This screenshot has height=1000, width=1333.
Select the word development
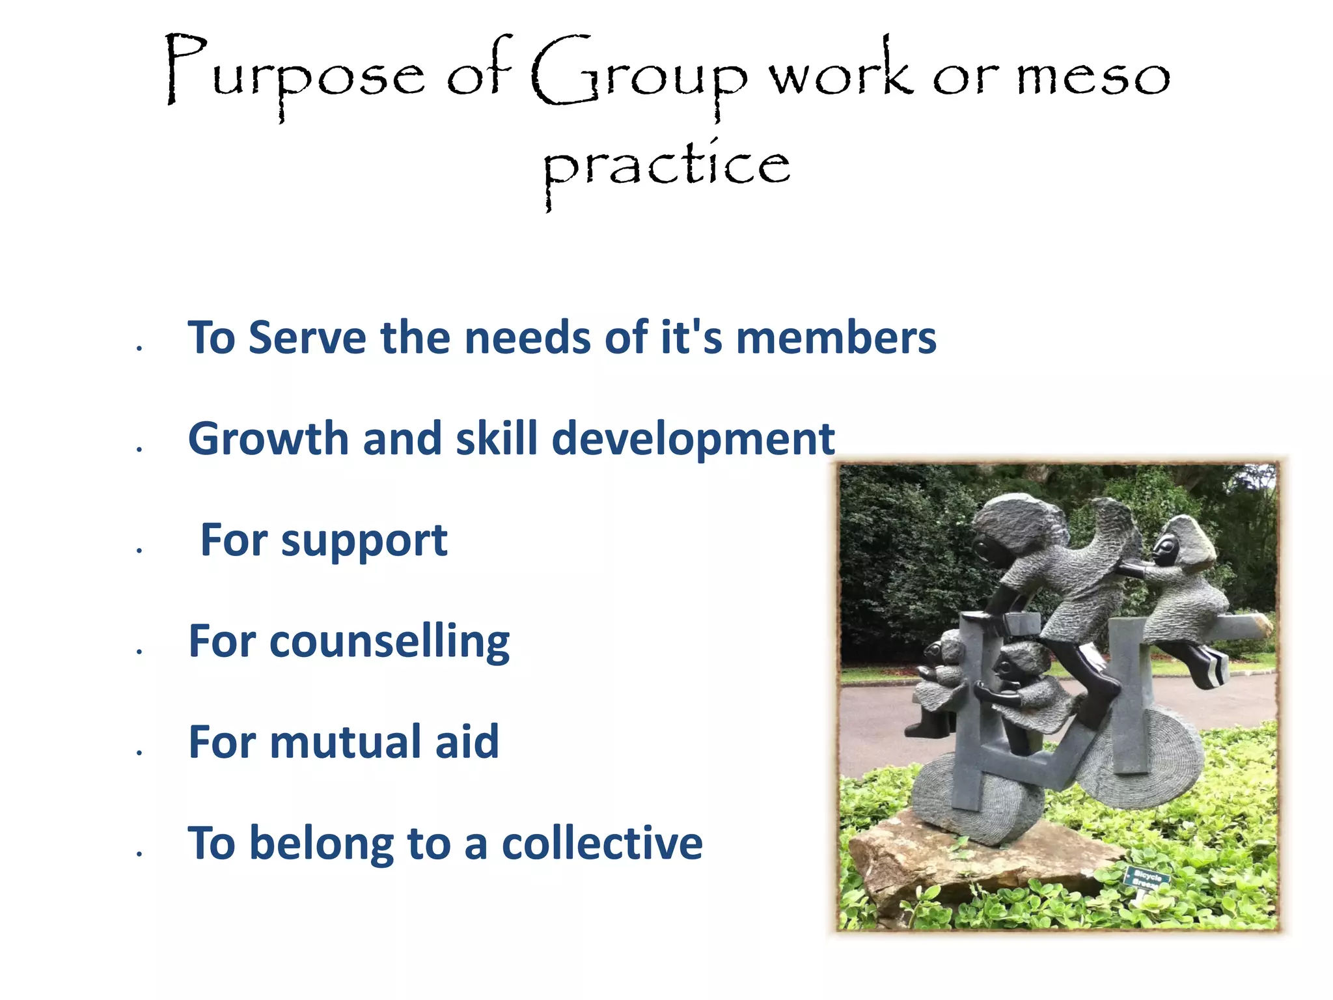pos(693,439)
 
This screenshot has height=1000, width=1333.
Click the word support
pos(364,541)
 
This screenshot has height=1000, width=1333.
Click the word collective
pos(602,843)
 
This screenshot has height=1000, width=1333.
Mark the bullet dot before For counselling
pos(139,650)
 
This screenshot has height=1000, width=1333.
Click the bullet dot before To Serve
pos(139,348)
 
